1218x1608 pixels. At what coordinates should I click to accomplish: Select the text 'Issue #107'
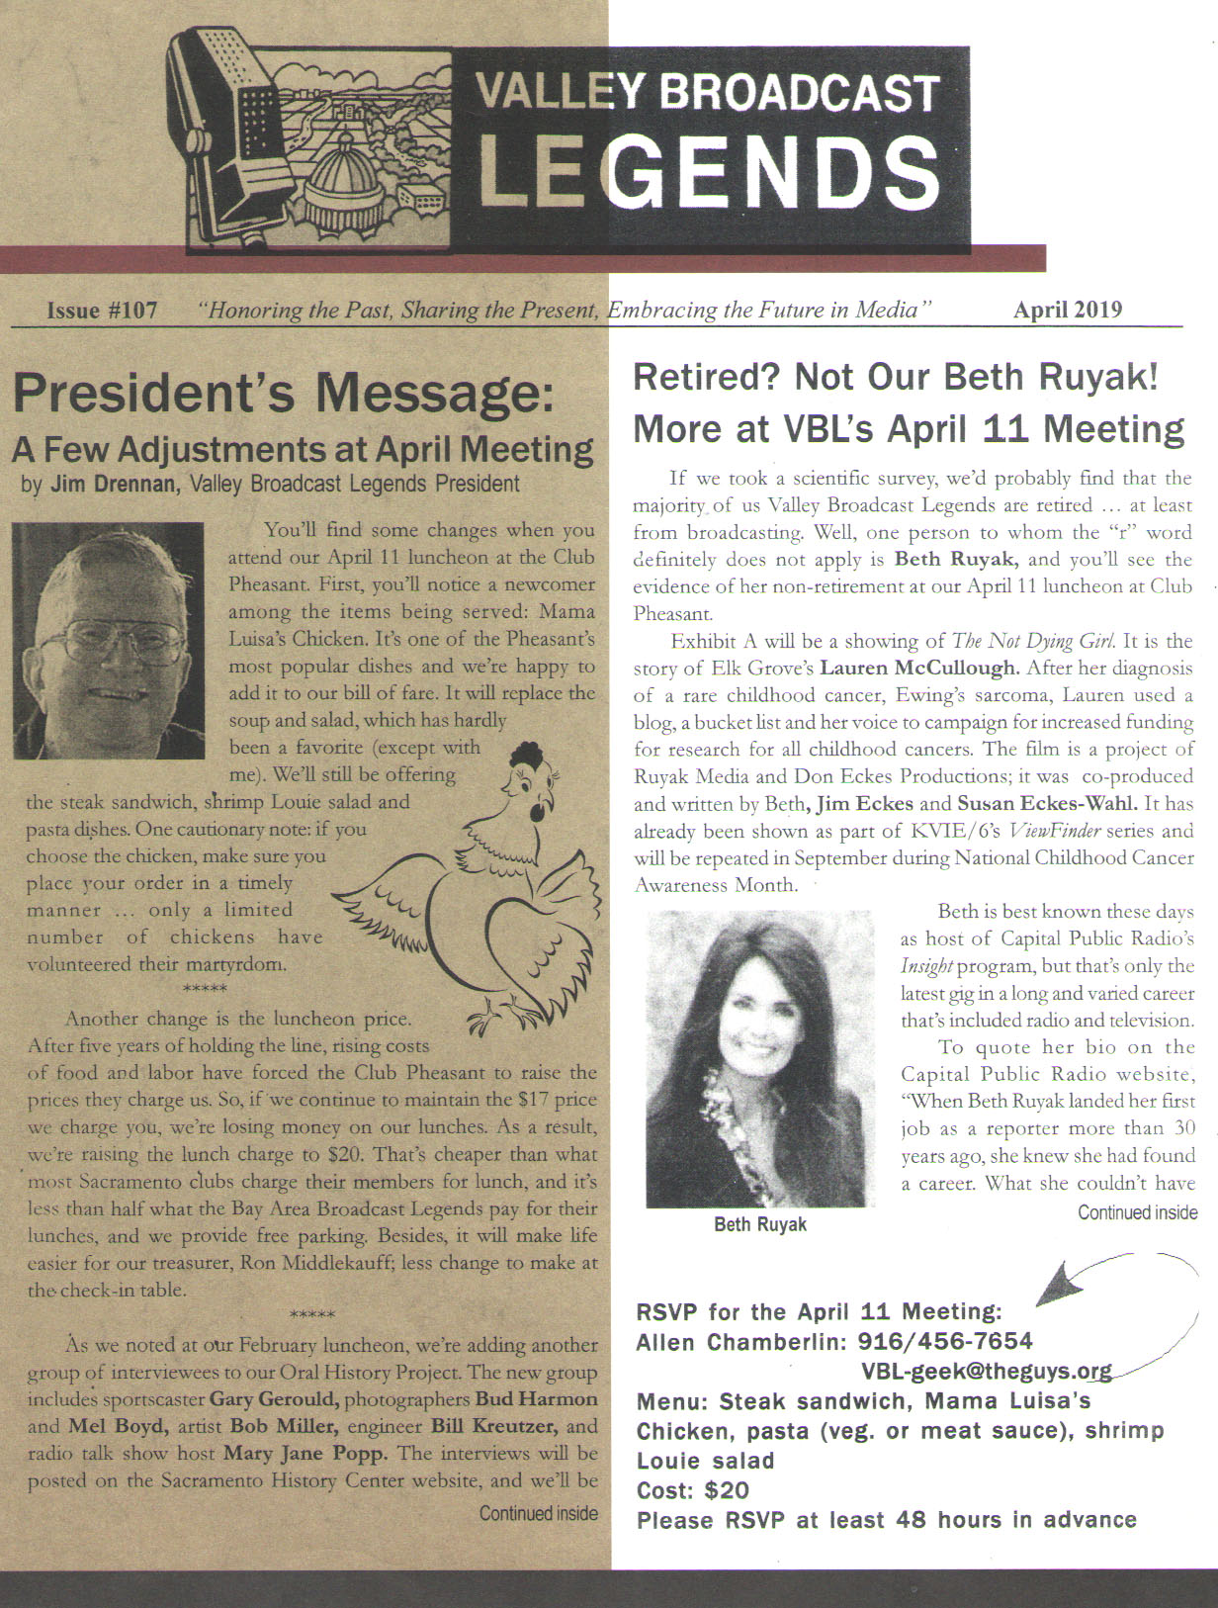(102, 311)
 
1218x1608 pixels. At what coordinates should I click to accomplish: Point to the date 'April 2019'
(1067, 310)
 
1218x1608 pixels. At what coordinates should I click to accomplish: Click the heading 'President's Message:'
(282, 394)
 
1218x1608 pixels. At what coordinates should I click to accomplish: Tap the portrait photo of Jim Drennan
(109, 641)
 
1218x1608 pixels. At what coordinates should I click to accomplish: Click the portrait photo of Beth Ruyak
(759, 1058)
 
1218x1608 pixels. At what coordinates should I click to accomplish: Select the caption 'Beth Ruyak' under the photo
(759, 1224)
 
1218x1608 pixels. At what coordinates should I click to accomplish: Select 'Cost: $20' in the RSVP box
(693, 1489)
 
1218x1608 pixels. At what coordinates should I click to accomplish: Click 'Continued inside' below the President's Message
(538, 1513)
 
